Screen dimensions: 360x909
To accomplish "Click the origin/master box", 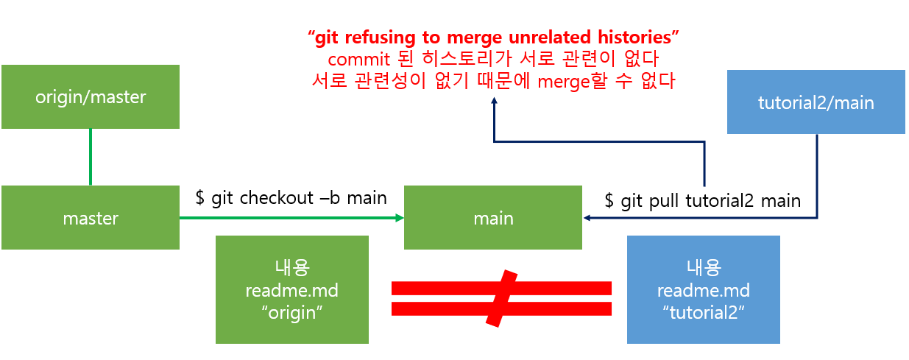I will [91, 96].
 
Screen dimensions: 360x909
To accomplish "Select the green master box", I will [91, 218].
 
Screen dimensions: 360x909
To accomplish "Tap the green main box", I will [493, 218].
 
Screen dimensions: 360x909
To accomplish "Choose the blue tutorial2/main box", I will [816, 102].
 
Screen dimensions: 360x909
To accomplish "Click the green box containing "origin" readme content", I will [292, 289].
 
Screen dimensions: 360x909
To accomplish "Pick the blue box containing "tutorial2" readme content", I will [703, 289].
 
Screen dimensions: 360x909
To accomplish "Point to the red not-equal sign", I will [501, 297].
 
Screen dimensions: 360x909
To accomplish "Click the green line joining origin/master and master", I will [91, 157].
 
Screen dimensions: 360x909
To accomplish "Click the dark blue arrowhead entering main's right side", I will [587, 218].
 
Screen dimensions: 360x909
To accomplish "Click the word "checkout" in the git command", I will [280, 198].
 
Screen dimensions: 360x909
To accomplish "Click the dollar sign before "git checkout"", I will [199, 198].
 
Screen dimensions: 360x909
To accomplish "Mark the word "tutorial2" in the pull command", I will [719, 200].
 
